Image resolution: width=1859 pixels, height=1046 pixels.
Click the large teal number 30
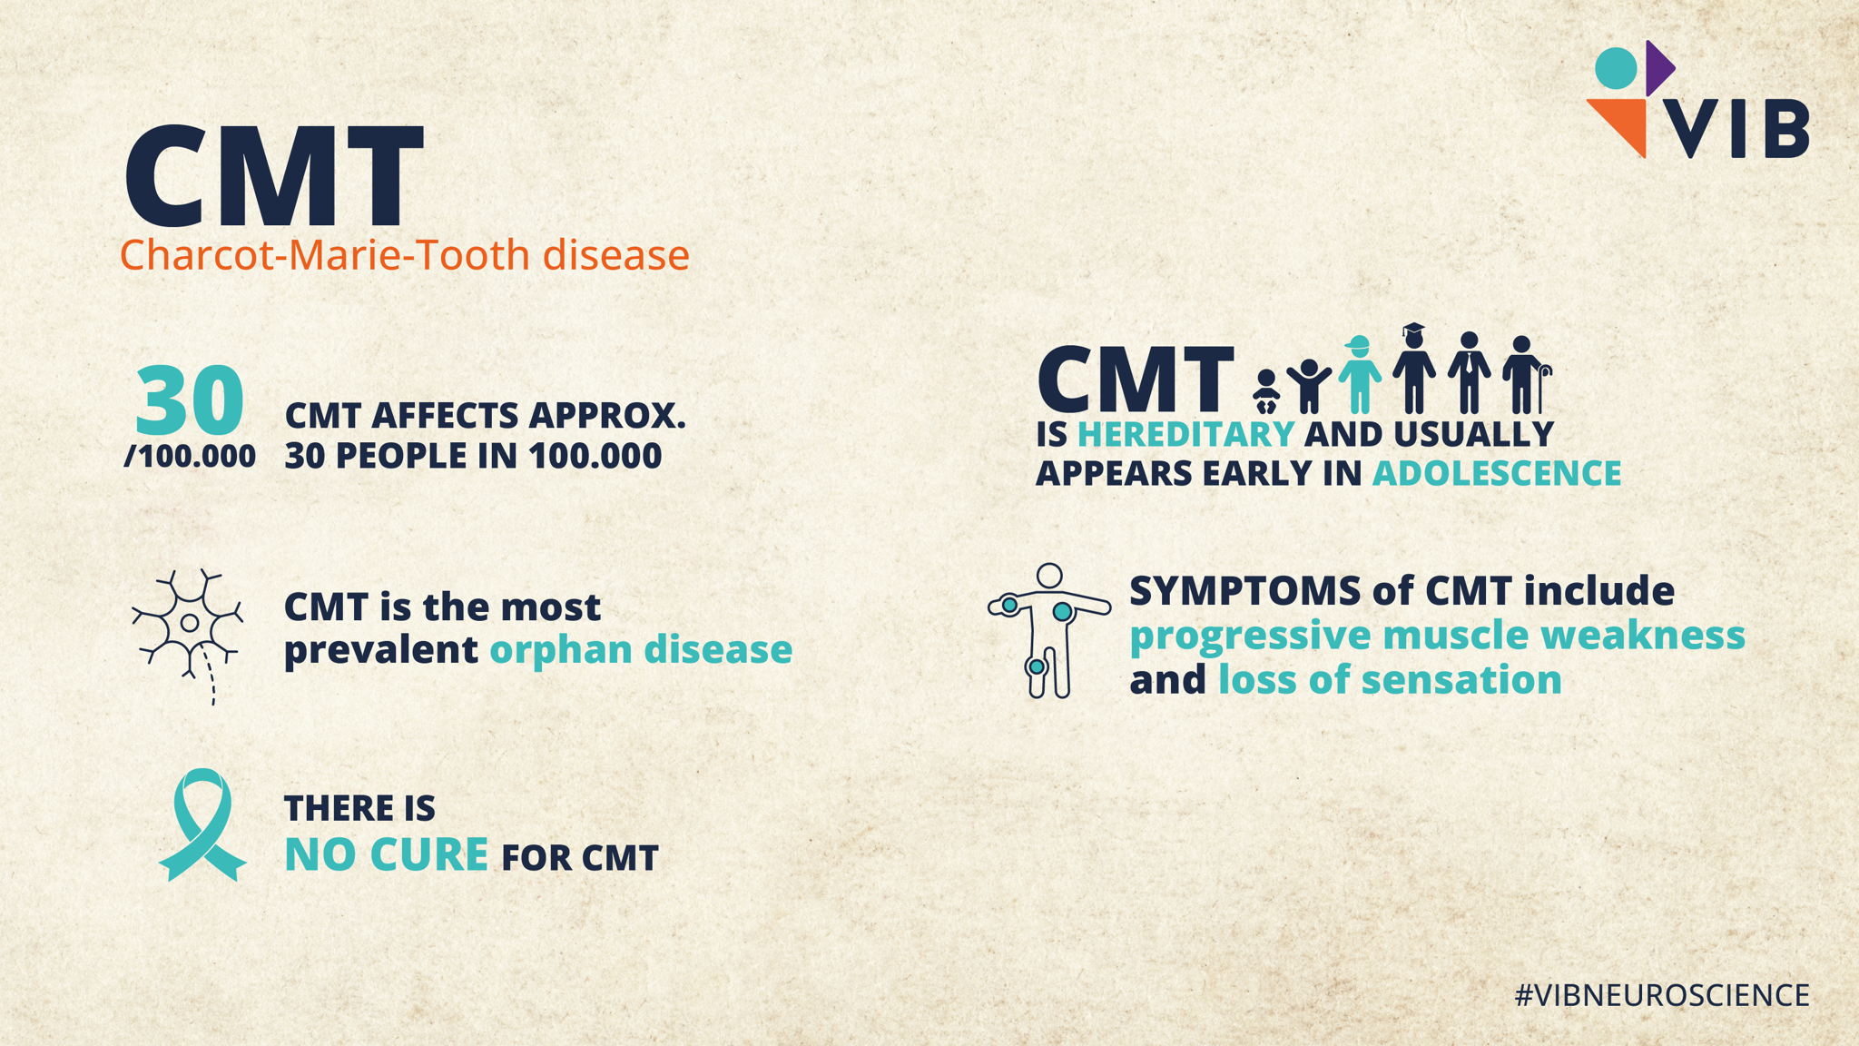pyautogui.click(x=190, y=400)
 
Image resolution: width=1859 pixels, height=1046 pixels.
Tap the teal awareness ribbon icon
pyautogui.click(x=202, y=824)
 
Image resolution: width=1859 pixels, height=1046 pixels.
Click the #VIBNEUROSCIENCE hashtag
pyautogui.click(x=1662, y=995)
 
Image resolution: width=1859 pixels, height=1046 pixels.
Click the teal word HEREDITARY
pyautogui.click(x=1185, y=434)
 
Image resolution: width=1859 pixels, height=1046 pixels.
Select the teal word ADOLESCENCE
pyautogui.click(x=1497, y=473)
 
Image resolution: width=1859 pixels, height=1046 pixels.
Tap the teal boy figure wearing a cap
pyautogui.click(x=1359, y=374)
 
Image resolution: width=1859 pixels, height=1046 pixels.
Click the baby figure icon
pyautogui.click(x=1266, y=391)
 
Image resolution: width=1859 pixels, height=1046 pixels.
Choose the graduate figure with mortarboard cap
pyautogui.click(x=1413, y=369)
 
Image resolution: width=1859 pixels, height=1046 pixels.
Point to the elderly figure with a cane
pyautogui.click(x=1526, y=375)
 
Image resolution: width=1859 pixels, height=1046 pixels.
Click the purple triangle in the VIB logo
pyautogui.click(x=1658, y=68)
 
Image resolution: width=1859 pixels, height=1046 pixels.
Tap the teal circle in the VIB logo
pyautogui.click(x=1616, y=68)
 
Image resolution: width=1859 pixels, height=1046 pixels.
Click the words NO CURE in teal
pyautogui.click(x=387, y=854)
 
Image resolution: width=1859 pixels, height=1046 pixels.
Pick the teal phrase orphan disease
pyautogui.click(x=641, y=649)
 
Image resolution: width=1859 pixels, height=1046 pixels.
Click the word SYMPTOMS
pyautogui.click(x=1244, y=591)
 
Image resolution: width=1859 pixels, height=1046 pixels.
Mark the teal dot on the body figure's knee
pyautogui.click(x=1037, y=666)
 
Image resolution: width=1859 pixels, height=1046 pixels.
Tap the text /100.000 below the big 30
pyautogui.click(x=190, y=456)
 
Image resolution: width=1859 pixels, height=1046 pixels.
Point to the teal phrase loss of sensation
pyautogui.click(x=1390, y=679)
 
